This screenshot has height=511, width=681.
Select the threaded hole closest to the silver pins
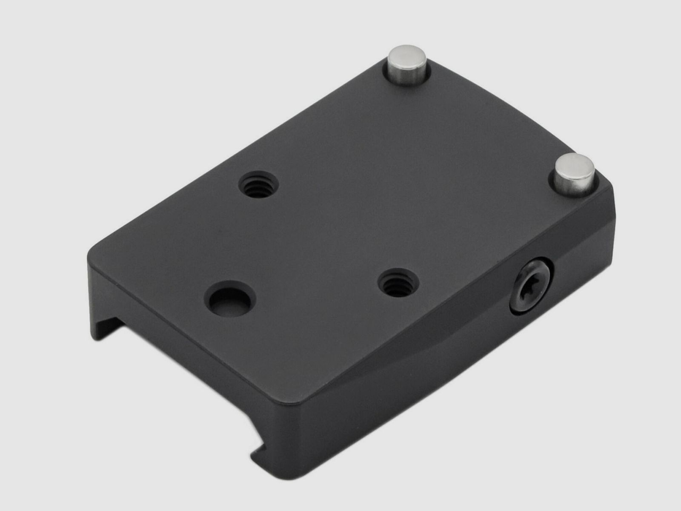pos(259,185)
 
